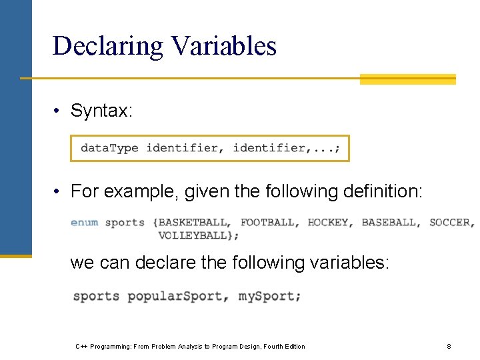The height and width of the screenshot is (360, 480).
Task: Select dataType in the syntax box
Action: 109,148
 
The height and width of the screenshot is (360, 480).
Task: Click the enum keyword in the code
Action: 85,222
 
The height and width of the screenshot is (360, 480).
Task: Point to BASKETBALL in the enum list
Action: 194,222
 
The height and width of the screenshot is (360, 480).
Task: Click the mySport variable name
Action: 269,296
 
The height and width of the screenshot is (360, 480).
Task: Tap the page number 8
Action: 449,346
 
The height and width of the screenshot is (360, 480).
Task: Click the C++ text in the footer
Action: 82,346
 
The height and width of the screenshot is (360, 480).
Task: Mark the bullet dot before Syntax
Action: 59,111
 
